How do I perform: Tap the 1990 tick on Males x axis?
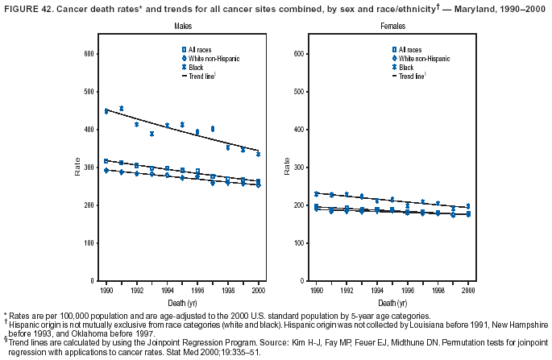[106, 288]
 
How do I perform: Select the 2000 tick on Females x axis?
[468, 288]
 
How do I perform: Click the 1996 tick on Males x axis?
[197, 288]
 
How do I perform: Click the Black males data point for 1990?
[106, 111]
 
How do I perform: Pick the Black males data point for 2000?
[258, 154]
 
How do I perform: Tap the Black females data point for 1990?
[316, 193]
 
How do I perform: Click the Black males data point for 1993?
[151, 134]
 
